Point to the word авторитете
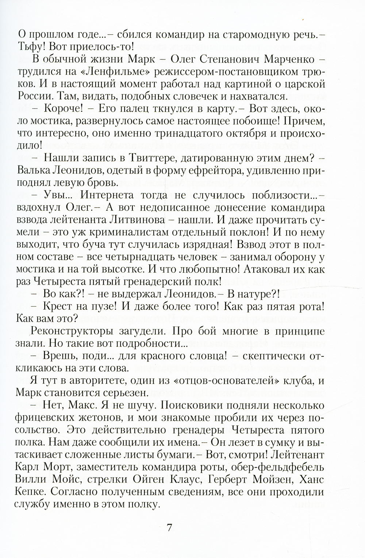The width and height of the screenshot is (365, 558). click(79, 381)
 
